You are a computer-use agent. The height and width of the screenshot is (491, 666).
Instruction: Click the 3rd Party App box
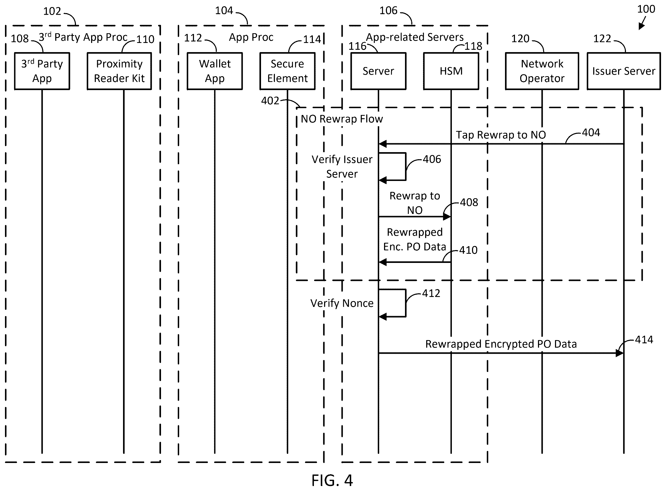pyautogui.click(x=42, y=71)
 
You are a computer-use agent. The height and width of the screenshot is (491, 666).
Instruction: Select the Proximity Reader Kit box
pyautogui.click(x=119, y=71)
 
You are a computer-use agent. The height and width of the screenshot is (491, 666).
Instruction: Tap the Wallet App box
pyautogui.click(x=215, y=71)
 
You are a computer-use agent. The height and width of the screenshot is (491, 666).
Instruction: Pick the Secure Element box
pyautogui.click(x=287, y=71)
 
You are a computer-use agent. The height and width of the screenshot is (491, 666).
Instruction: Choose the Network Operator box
pyautogui.click(x=542, y=71)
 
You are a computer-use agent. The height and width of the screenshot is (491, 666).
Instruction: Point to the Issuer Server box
pyautogui.click(x=624, y=71)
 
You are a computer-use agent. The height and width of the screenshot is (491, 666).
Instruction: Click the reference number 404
pyautogui.click(x=591, y=133)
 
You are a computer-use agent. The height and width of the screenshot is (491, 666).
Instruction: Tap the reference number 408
pyautogui.click(x=469, y=202)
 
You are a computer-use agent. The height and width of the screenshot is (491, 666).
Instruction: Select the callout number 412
pyautogui.click(x=431, y=293)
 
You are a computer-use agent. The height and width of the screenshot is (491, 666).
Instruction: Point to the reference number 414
pyautogui.click(x=644, y=340)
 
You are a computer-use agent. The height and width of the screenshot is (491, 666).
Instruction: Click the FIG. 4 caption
pyautogui.click(x=332, y=480)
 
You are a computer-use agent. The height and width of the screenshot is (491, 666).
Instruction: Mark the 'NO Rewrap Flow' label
pyautogui.click(x=342, y=119)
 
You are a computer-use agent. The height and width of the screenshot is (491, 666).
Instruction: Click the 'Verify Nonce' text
pyautogui.click(x=342, y=303)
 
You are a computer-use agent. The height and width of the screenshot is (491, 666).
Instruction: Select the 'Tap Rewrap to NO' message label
pyautogui.click(x=501, y=135)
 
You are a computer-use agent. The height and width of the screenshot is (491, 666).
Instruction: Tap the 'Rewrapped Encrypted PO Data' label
pyautogui.click(x=501, y=344)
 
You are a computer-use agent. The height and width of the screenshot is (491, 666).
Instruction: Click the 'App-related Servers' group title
pyautogui.click(x=415, y=37)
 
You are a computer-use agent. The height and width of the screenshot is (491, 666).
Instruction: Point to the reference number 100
pyautogui.click(x=646, y=9)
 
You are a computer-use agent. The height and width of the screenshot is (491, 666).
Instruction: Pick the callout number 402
pyautogui.click(x=270, y=101)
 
